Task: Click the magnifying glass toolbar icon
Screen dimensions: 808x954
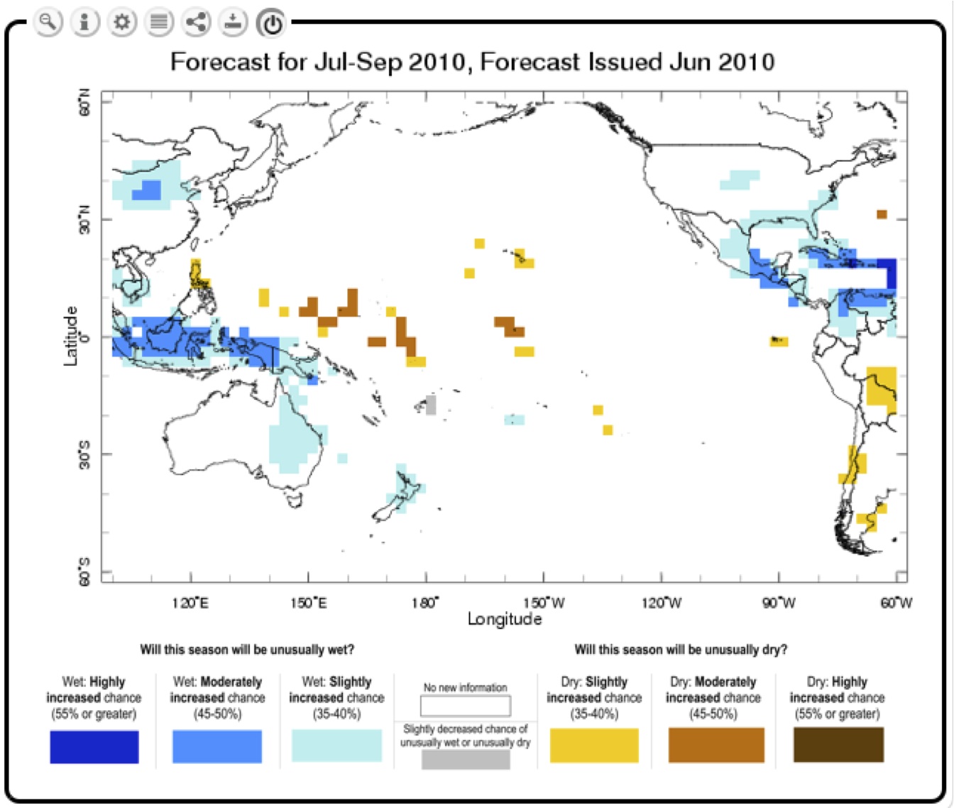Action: click(x=48, y=22)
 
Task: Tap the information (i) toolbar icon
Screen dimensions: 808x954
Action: click(x=84, y=22)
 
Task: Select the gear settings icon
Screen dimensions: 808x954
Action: click(x=122, y=22)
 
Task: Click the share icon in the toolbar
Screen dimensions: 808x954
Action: click(x=197, y=22)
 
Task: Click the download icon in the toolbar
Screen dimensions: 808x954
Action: click(x=234, y=22)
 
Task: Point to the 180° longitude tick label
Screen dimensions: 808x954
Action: click(x=425, y=603)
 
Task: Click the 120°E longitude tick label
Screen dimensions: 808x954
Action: click(x=190, y=603)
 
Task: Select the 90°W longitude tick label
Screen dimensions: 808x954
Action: click(x=779, y=603)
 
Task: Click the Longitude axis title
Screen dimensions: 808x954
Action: click(x=504, y=619)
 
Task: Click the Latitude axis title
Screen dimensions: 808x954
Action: click(x=70, y=336)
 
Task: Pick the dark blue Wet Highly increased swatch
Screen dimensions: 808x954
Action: click(x=94, y=746)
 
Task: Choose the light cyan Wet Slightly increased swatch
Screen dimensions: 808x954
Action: click(x=336, y=746)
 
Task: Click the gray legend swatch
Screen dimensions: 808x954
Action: click(x=466, y=759)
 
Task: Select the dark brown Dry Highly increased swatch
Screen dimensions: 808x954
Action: click(x=838, y=745)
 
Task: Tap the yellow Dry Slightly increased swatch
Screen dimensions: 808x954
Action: click(x=594, y=745)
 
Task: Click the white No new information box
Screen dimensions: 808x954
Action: click(x=466, y=706)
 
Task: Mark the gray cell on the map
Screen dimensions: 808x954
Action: click(x=431, y=405)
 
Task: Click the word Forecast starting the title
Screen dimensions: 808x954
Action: click(x=220, y=62)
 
